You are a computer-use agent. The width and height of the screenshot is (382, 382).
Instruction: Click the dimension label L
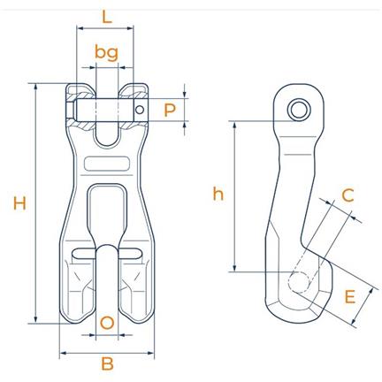pos(107,17)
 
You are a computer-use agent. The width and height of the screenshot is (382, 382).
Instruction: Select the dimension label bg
pos(106,53)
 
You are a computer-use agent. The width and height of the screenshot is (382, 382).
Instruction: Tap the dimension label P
pos(170,110)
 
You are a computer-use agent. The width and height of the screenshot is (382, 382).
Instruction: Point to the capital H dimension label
pos(19,203)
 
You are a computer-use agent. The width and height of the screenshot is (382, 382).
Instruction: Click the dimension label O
pos(107,323)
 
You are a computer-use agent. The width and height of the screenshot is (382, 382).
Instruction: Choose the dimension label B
pos(107,363)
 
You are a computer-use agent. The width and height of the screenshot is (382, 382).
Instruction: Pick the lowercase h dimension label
pos(218,194)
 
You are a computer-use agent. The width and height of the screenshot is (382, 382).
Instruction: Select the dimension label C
pos(348,195)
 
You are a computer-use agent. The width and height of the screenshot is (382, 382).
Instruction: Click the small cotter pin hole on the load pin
pos(140,110)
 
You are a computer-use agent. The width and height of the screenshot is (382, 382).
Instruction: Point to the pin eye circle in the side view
pos(299,110)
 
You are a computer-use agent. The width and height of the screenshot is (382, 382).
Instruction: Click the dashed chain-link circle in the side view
pos(299,282)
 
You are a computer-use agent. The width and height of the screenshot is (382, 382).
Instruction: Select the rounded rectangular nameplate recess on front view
pos(107,164)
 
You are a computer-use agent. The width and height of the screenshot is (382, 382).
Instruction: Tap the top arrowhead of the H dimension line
pos(36,87)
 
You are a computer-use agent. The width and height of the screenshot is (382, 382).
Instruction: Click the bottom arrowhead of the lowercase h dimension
pos(234,268)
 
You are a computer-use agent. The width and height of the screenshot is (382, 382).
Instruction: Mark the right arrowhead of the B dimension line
pos(151,353)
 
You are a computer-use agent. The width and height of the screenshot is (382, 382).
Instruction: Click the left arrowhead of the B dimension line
pos(63,353)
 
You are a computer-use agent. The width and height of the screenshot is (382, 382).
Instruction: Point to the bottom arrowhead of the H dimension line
pos(36,320)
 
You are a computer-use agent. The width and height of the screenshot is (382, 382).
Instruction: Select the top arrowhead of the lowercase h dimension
pos(234,125)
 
